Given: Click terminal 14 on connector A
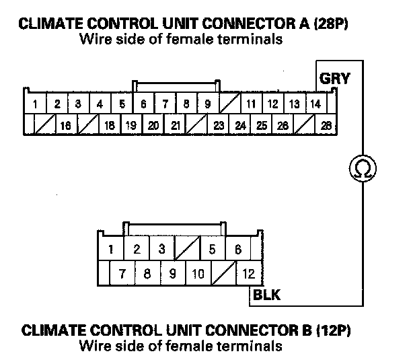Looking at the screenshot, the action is coord(314,104).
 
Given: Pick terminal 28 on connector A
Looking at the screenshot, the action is coord(327,125).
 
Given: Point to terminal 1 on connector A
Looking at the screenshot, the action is coord(34,104).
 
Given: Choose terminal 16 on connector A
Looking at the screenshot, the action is coord(65,125).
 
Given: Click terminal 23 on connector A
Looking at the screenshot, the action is coord(219,125).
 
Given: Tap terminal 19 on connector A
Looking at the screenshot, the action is coord(131,125).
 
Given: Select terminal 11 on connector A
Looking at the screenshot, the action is coord(252,104).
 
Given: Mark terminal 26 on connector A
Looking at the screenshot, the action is coord(283,125).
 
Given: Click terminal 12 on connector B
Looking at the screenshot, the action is coord(249,273).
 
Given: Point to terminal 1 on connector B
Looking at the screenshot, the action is coord(110,250).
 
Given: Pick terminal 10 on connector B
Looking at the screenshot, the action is coord(198,273).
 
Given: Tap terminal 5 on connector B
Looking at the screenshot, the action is coord(212,250).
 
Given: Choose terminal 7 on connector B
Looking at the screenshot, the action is coord(122,273).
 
